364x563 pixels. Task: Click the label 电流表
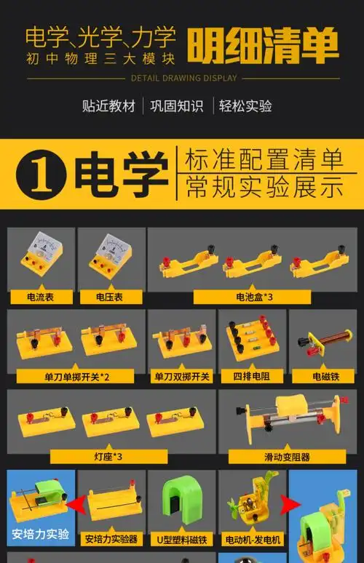[x=41, y=297]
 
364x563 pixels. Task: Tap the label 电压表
[x=109, y=297]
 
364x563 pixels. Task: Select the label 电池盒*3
[x=253, y=297]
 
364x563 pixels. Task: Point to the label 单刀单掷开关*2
[x=75, y=377]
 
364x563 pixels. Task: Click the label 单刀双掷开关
[x=181, y=377]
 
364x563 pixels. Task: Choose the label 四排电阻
[x=252, y=377]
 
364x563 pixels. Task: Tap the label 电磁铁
[x=325, y=377]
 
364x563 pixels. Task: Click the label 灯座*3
[x=112, y=456]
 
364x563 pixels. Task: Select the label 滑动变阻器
[x=287, y=457]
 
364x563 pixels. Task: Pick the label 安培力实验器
[x=111, y=539]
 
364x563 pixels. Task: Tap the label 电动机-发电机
[x=252, y=539]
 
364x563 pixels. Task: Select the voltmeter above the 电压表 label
[x=110, y=256]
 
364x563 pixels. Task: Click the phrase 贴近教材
[x=108, y=106]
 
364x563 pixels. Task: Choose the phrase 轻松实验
[x=245, y=106]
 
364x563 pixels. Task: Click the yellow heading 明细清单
[x=263, y=45]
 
